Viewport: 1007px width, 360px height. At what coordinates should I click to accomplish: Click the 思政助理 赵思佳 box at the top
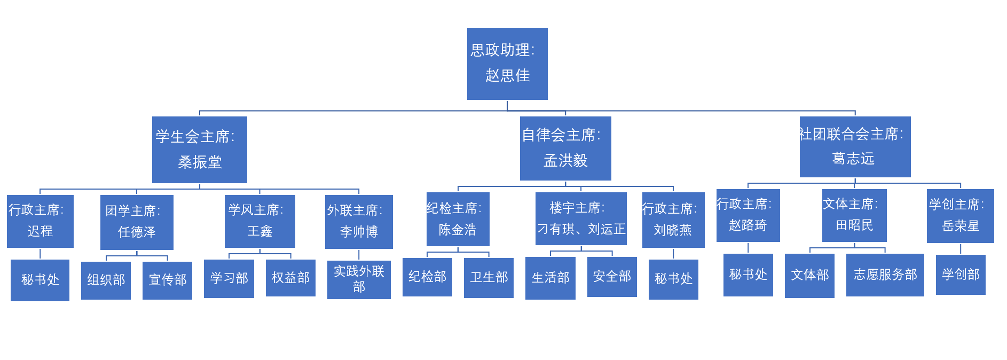click(x=507, y=64)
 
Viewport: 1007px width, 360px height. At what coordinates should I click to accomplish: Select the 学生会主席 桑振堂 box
click(x=199, y=150)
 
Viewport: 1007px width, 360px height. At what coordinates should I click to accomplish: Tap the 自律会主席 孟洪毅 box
click(x=565, y=148)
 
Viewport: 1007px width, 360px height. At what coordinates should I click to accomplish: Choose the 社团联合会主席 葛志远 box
click(x=855, y=146)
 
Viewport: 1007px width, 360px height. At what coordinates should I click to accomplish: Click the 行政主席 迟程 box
click(x=40, y=221)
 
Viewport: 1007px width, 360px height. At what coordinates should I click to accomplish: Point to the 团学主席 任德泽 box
click(x=137, y=222)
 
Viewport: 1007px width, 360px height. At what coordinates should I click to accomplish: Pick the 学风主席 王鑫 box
click(x=259, y=221)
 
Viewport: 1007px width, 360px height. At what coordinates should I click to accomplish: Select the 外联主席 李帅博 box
click(x=359, y=222)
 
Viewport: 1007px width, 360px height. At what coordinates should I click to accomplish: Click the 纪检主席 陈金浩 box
click(x=458, y=219)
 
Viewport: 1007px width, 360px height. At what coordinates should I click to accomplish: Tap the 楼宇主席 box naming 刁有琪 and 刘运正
click(x=581, y=218)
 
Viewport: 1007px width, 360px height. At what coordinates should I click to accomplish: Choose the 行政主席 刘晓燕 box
click(x=673, y=220)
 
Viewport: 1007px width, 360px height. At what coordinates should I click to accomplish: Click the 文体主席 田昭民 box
click(x=854, y=215)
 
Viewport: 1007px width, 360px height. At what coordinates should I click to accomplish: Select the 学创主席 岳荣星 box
click(x=960, y=216)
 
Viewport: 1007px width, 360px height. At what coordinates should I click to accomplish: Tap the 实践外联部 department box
click(x=359, y=279)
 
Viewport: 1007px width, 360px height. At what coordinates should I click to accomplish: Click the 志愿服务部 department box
click(x=885, y=275)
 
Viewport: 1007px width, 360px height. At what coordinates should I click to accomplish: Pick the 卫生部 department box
click(x=489, y=278)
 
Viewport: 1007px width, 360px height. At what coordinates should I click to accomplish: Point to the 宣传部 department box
click(x=167, y=280)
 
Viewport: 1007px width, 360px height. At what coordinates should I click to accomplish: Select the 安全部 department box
click(x=612, y=277)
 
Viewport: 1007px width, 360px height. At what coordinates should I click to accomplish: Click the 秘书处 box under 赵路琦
click(x=748, y=275)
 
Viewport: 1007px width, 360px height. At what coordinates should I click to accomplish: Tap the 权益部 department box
click(x=290, y=278)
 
